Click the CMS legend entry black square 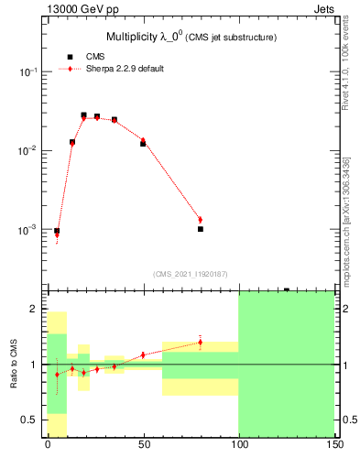coord(70,57)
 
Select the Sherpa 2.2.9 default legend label coord(125,69)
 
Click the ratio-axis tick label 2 coord(38,310)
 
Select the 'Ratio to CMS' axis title coord(14,364)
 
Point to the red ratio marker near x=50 coord(143,354)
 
